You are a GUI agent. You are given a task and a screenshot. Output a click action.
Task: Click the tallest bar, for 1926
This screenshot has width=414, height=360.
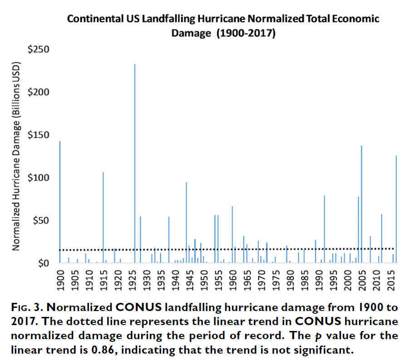point(135,163)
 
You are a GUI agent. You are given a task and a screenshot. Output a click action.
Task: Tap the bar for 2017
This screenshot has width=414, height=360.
point(396,209)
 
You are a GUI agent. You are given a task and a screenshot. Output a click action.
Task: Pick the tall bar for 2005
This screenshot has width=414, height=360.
point(361,204)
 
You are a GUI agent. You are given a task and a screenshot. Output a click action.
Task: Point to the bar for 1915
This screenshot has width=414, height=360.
point(103,218)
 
